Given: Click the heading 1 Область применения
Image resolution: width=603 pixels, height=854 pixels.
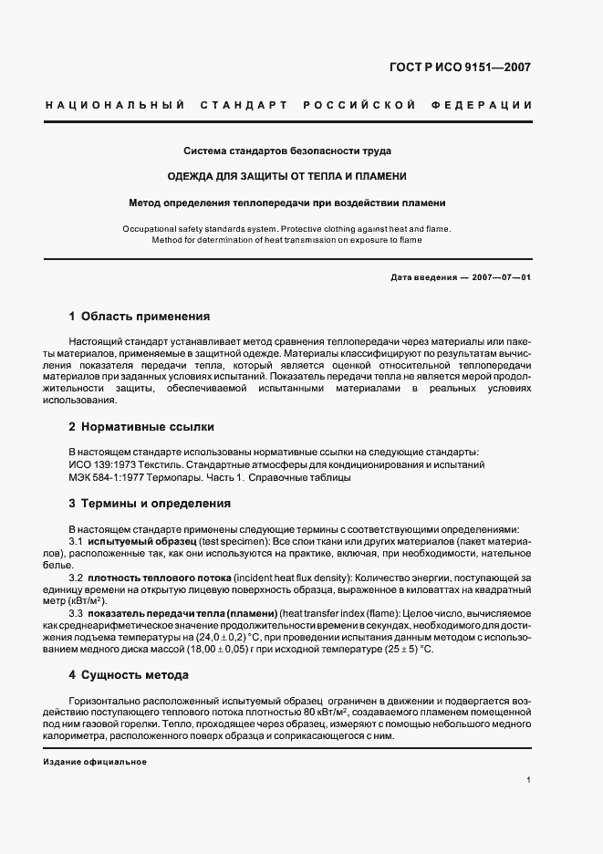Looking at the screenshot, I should pos(140,318).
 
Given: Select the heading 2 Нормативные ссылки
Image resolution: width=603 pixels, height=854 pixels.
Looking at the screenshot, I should pos(141,426).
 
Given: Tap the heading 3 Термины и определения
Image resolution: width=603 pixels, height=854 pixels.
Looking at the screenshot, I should pos(150,504).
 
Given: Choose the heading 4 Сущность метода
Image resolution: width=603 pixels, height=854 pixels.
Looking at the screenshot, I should pos(129,675).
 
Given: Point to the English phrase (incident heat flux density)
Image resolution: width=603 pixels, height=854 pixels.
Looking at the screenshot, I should pos(294,578).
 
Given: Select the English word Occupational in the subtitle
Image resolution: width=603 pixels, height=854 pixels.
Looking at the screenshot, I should pos(151,229).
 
